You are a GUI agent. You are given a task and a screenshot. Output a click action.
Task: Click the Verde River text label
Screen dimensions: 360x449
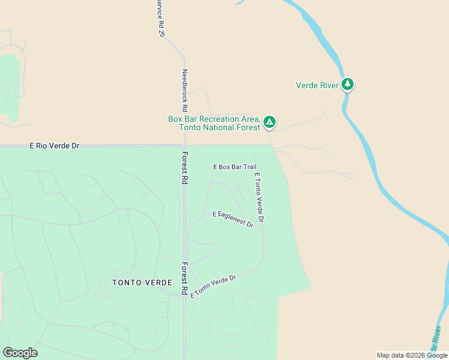click(x=317, y=85)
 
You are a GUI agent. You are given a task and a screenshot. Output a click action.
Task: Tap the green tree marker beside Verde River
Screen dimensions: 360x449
click(x=347, y=84)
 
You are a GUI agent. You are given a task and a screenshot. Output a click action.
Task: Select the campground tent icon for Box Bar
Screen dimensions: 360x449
click(x=270, y=122)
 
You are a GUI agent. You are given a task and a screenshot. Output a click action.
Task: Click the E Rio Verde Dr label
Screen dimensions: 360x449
click(x=55, y=146)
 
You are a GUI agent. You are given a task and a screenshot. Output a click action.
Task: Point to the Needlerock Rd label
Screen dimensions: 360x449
click(x=185, y=90)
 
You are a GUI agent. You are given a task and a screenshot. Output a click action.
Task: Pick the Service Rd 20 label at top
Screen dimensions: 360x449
click(x=160, y=18)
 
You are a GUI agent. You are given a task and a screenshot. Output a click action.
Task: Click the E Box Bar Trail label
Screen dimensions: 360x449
click(x=235, y=167)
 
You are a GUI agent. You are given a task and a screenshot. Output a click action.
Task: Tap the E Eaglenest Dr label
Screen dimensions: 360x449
click(x=233, y=218)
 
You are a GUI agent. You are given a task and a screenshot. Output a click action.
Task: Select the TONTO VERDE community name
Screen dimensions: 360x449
click(x=142, y=282)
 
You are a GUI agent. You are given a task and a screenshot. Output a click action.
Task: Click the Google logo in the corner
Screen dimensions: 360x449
click(x=20, y=353)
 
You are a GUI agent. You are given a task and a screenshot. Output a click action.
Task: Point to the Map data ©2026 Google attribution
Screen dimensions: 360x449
click(x=412, y=355)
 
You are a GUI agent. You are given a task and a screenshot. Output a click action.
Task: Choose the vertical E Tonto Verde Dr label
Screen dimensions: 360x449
click(x=259, y=198)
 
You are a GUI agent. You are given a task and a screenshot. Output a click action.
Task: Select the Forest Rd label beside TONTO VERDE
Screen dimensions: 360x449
click(x=185, y=278)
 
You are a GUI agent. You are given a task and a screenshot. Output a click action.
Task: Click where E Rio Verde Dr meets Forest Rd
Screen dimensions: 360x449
click(x=185, y=145)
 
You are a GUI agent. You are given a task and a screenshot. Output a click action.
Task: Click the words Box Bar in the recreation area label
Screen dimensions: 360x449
click(x=182, y=119)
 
